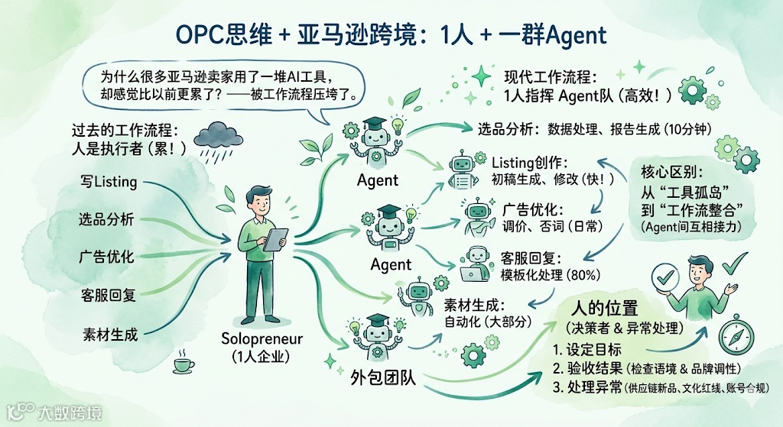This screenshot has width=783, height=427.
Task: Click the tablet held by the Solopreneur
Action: tap(275, 240)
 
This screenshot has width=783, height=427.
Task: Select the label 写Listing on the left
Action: tap(109, 182)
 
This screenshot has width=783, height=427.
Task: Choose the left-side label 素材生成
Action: tap(110, 334)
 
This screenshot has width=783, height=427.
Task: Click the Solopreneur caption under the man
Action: tap(262, 338)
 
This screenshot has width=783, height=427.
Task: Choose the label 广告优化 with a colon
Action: tap(535, 209)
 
